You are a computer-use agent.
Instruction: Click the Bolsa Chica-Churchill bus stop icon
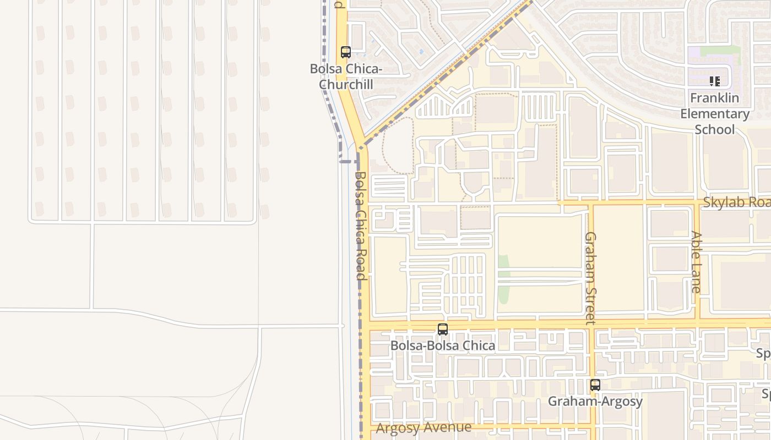(x=346, y=53)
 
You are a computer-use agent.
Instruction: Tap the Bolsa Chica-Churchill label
(x=346, y=77)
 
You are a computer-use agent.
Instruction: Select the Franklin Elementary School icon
(x=715, y=82)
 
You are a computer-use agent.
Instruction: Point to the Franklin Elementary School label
(x=715, y=114)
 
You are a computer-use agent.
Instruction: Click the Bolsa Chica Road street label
(x=360, y=226)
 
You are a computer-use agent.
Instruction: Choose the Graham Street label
(x=590, y=278)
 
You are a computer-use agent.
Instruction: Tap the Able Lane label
(x=696, y=261)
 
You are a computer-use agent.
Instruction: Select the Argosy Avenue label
(x=423, y=427)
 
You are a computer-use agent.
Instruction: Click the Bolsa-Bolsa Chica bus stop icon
(x=443, y=329)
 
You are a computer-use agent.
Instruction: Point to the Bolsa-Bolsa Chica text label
(x=443, y=345)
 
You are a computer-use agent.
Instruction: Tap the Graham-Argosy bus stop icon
(x=595, y=385)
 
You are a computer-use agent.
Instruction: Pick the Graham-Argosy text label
(x=595, y=402)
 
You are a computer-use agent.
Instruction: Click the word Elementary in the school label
(x=715, y=114)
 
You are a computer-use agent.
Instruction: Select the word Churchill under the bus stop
(x=346, y=85)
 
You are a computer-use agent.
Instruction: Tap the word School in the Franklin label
(x=715, y=130)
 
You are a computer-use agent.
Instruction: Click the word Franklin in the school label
(x=715, y=98)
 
